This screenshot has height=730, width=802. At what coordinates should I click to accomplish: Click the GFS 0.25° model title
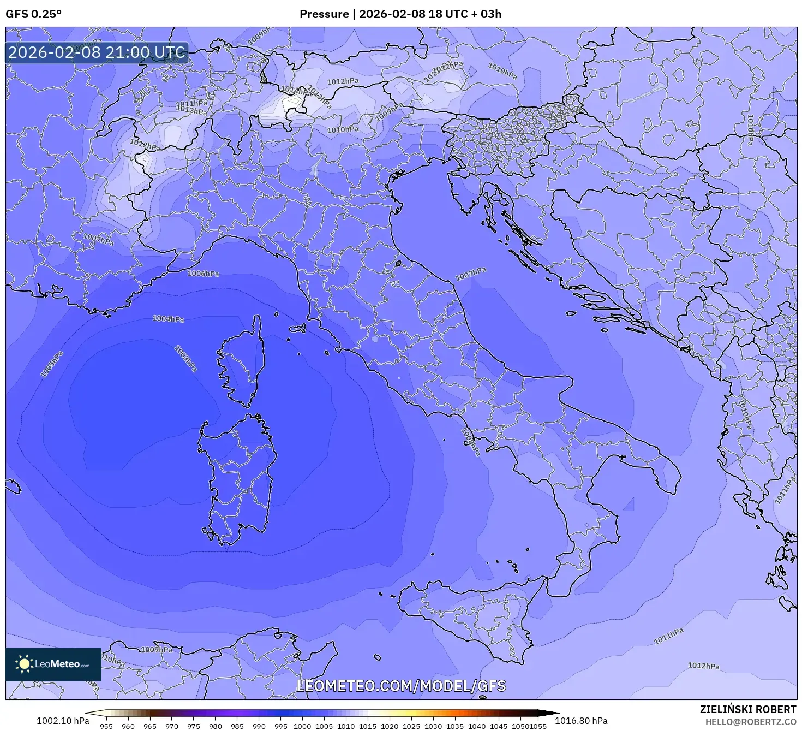tap(33, 14)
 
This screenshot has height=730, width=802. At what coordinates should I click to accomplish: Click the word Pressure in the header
tap(324, 14)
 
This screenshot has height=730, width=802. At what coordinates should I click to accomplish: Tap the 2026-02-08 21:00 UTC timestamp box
tap(97, 53)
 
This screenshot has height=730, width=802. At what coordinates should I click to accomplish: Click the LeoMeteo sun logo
tap(24, 664)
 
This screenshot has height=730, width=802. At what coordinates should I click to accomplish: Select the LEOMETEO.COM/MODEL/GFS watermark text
tap(401, 686)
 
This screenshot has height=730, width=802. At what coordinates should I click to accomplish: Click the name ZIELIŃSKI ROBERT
tap(747, 709)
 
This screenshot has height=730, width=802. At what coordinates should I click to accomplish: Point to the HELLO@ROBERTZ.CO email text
tap(750, 722)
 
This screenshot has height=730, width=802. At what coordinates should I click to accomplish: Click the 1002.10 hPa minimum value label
tap(63, 721)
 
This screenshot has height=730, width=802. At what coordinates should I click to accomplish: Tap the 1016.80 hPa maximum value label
tap(581, 721)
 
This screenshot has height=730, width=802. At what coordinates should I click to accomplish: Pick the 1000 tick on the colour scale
tap(302, 726)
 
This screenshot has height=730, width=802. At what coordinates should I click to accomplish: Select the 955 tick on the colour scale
tap(106, 726)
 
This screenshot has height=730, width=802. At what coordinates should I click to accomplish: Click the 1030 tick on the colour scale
tap(433, 726)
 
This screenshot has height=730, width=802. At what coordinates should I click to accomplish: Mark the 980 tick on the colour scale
tap(216, 726)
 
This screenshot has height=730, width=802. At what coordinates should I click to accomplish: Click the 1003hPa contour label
tap(185, 358)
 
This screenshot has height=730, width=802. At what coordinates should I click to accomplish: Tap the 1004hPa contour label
tap(168, 319)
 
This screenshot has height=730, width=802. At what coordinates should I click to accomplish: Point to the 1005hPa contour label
tap(52, 364)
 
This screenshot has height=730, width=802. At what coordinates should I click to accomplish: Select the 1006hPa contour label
tap(203, 274)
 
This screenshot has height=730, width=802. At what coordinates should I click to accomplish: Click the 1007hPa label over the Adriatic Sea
tap(471, 274)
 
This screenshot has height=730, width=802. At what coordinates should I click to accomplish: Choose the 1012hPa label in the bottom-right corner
tap(703, 666)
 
